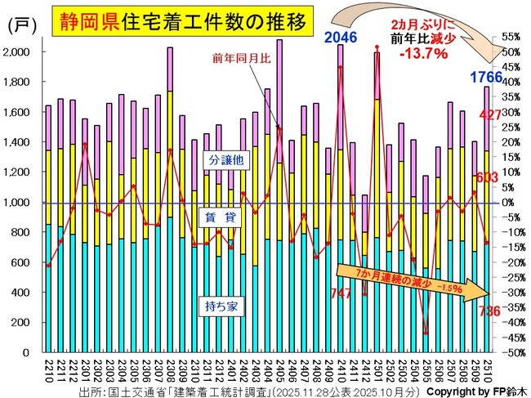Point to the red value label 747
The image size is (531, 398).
point(340,293)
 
